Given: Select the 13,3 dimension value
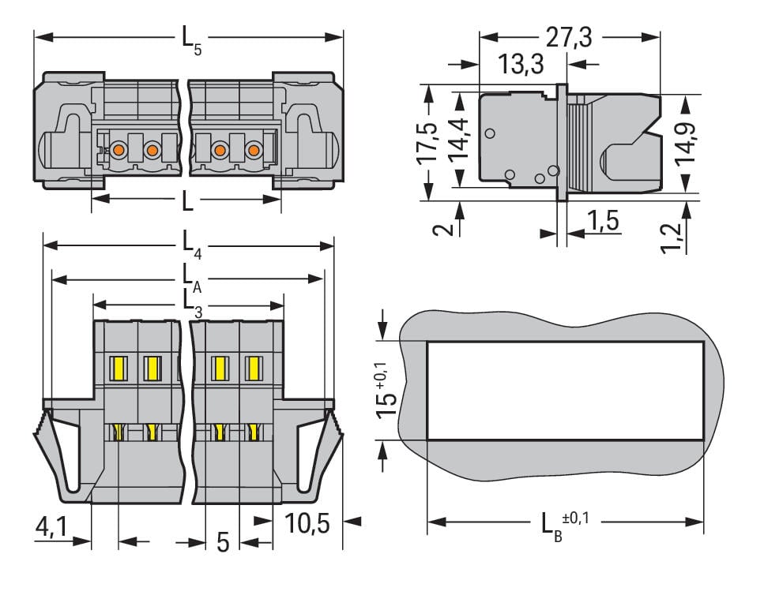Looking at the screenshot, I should point(521,64).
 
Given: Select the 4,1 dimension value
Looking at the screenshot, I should point(52,526).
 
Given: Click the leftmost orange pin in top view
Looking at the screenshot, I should point(118,149).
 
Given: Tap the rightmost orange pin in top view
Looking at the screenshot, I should point(253,149).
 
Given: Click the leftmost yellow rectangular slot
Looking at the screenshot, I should point(119,368).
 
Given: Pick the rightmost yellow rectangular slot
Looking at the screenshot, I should point(253,368).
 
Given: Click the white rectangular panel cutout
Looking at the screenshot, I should point(565,391).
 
